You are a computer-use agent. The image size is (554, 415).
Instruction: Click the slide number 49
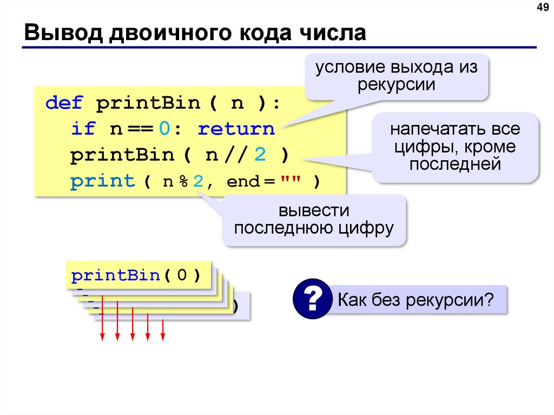click(x=542, y=8)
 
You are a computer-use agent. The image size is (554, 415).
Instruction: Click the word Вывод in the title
click(x=59, y=33)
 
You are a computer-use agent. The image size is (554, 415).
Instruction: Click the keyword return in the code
click(x=236, y=129)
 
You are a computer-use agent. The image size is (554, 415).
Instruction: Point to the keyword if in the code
click(x=83, y=129)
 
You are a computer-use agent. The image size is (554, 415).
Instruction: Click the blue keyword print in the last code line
click(x=102, y=181)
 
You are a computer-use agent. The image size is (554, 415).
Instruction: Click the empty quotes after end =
click(x=290, y=181)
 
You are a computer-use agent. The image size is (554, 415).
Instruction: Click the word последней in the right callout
click(x=454, y=164)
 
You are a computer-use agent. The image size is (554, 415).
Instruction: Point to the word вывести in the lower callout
click(x=314, y=210)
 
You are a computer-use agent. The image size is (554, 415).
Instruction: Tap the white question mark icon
click(x=312, y=299)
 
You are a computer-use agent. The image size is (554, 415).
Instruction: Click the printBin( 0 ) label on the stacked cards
click(x=136, y=276)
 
